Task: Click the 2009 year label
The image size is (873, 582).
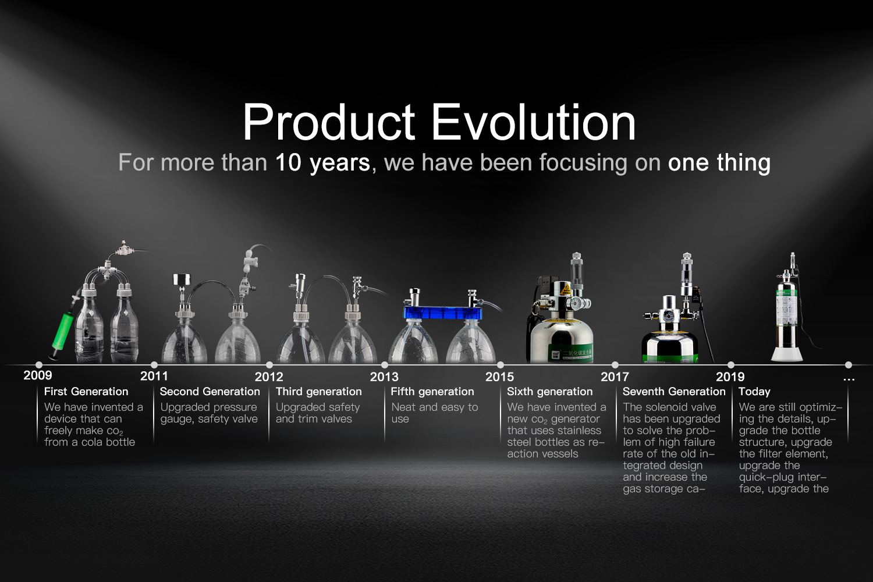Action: (37, 375)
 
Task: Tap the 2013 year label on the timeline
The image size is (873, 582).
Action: (384, 377)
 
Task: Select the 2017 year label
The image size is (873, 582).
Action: (615, 377)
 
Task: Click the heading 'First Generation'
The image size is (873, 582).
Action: (86, 391)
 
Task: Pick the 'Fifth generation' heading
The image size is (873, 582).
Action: (432, 392)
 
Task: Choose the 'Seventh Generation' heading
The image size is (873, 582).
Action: (674, 391)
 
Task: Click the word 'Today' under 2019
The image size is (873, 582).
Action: (754, 392)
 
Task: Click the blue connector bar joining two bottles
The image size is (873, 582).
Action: (443, 313)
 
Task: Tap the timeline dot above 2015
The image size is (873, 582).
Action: (501, 365)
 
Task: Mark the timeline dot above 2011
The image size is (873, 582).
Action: (154, 365)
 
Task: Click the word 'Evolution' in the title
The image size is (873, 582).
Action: (534, 122)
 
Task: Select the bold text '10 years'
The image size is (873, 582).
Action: (322, 162)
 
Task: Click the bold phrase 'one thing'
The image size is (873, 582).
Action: (719, 162)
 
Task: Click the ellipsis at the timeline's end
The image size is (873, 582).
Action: (849, 379)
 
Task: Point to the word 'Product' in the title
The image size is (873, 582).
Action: (329, 122)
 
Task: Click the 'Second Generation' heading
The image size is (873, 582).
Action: (210, 391)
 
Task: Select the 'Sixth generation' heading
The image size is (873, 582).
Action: (549, 392)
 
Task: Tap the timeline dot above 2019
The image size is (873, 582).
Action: (731, 365)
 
